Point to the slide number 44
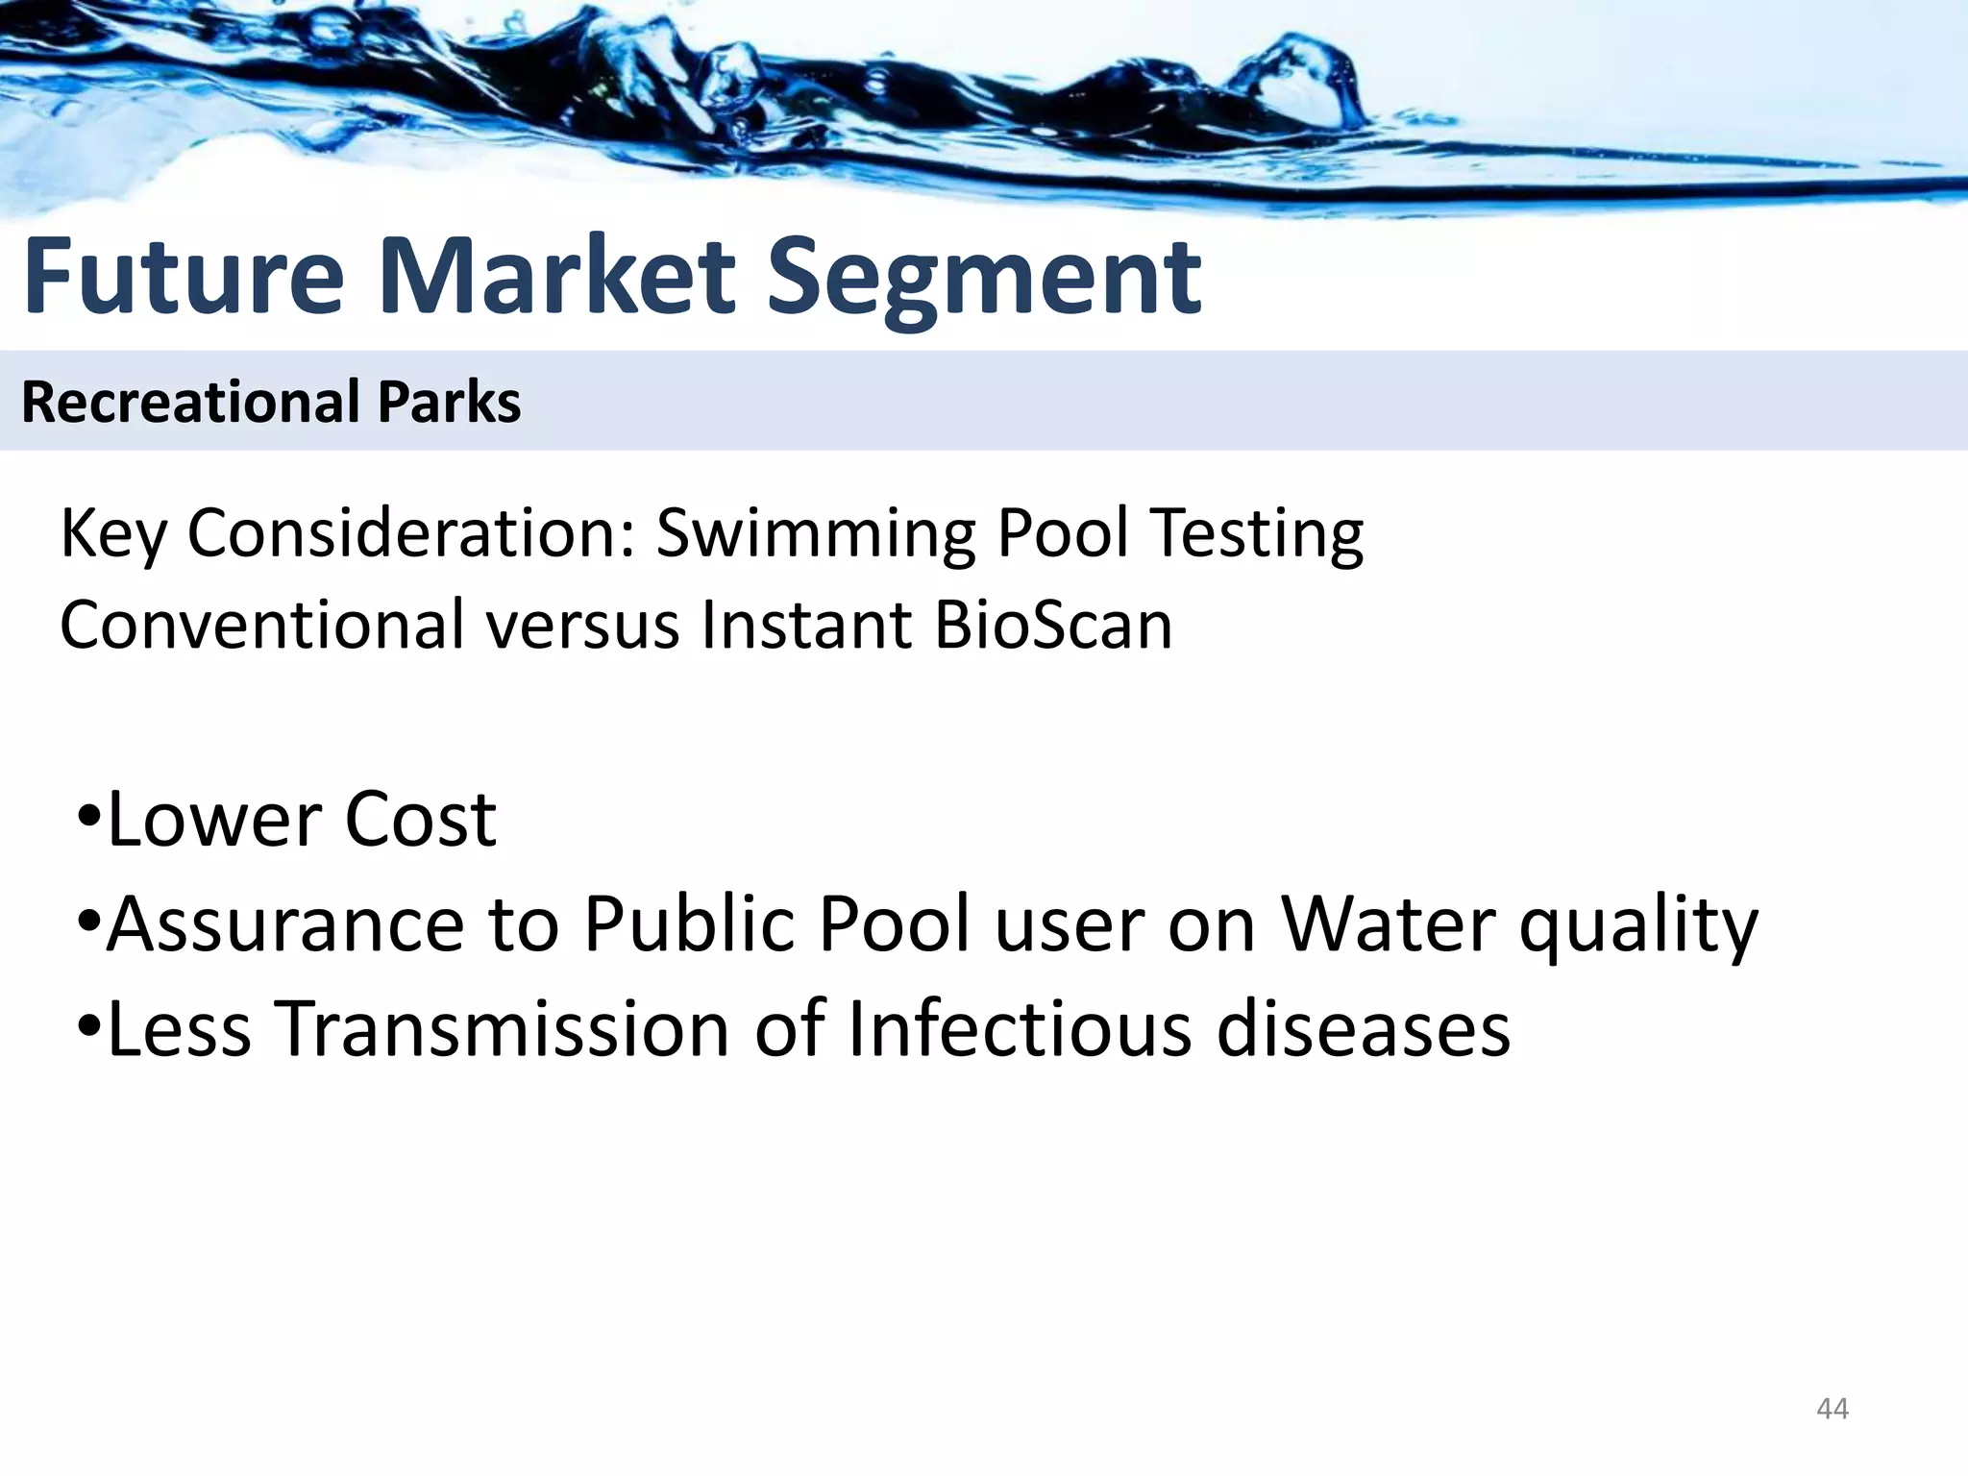(1832, 1409)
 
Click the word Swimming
(817, 533)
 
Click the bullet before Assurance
(87, 923)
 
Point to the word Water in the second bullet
(1389, 923)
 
